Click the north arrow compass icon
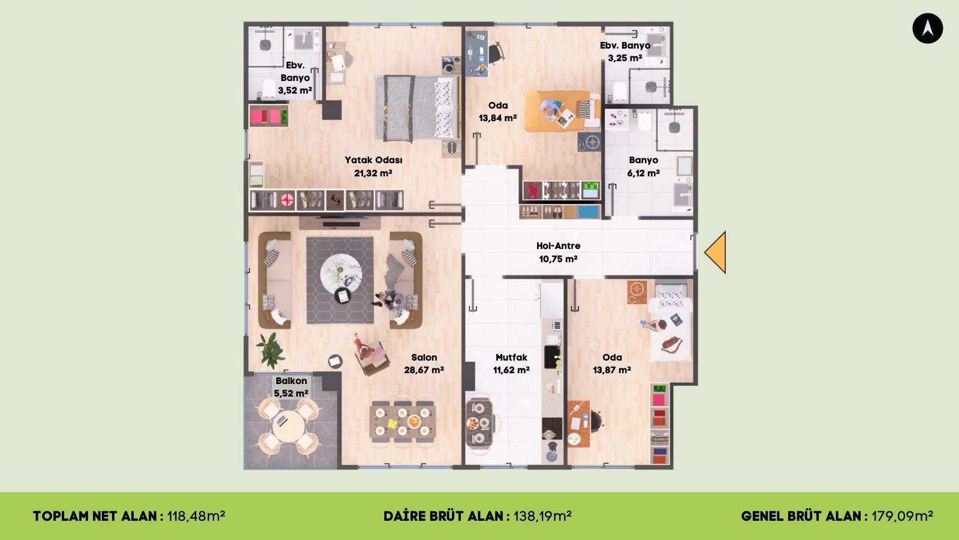coord(927,28)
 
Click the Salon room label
coord(424,357)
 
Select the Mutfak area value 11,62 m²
coord(511,370)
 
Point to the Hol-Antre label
coord(558,245)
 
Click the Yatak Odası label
coord(373,160)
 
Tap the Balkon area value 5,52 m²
coord(291,393)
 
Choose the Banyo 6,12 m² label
coord(644,166)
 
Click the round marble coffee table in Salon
coord(341,272)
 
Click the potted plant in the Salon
coord(270,350)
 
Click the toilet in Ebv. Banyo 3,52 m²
coord(269,88)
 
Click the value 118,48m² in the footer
coord(196,516)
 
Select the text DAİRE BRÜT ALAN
coord(443,516)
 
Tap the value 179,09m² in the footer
coord(903,516)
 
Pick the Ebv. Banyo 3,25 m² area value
coord(625,58)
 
